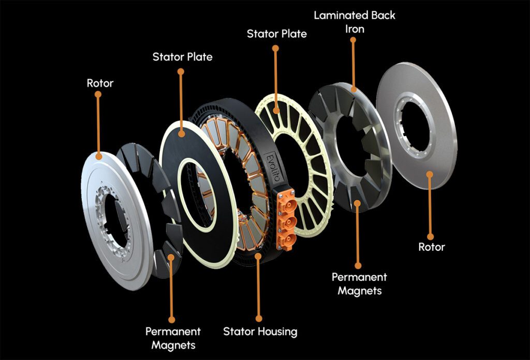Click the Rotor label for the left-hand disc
pyautogui.click(x=100, y=83)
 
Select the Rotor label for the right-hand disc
pyautogui.click(x=431, y=247)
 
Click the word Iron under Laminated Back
pyautogui.click(x=355, y=29)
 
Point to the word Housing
pyautogui.click(x=278, y=331)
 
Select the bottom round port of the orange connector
pyautogui.click(x=288, y=239)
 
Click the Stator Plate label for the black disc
pyautogui.click(x=182, y=56)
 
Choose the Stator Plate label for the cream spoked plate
pyautogui.click(x=277, y=34)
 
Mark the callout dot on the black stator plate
pyautogui.click(x=182, y=134)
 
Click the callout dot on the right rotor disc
pyautogui.click(x=430, y=174)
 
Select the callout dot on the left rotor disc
pyautogui.click(x=99, y=154)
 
